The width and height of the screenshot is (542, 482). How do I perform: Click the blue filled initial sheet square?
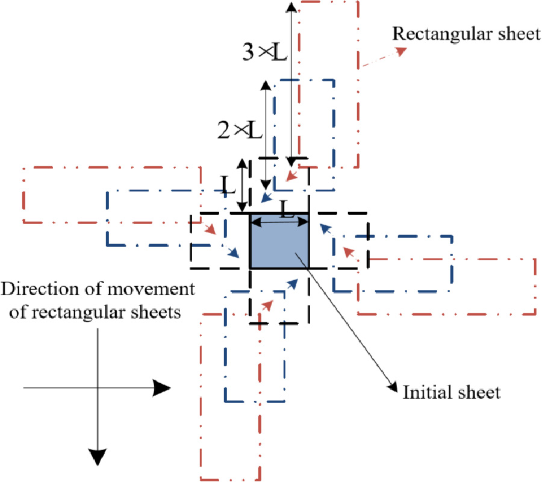click(x=279, y=247)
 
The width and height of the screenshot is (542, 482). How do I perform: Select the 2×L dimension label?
click(x=240, y=129)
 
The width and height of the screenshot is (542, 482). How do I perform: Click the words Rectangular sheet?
click(x=466, y=34)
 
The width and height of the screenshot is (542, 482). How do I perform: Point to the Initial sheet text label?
click(x=451, y=393)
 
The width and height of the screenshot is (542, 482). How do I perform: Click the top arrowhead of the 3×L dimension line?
click(x=291, y=7)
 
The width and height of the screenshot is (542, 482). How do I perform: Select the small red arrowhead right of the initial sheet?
click(x=346, y=248)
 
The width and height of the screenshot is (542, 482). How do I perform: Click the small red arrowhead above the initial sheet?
click(x=290, y=177)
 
